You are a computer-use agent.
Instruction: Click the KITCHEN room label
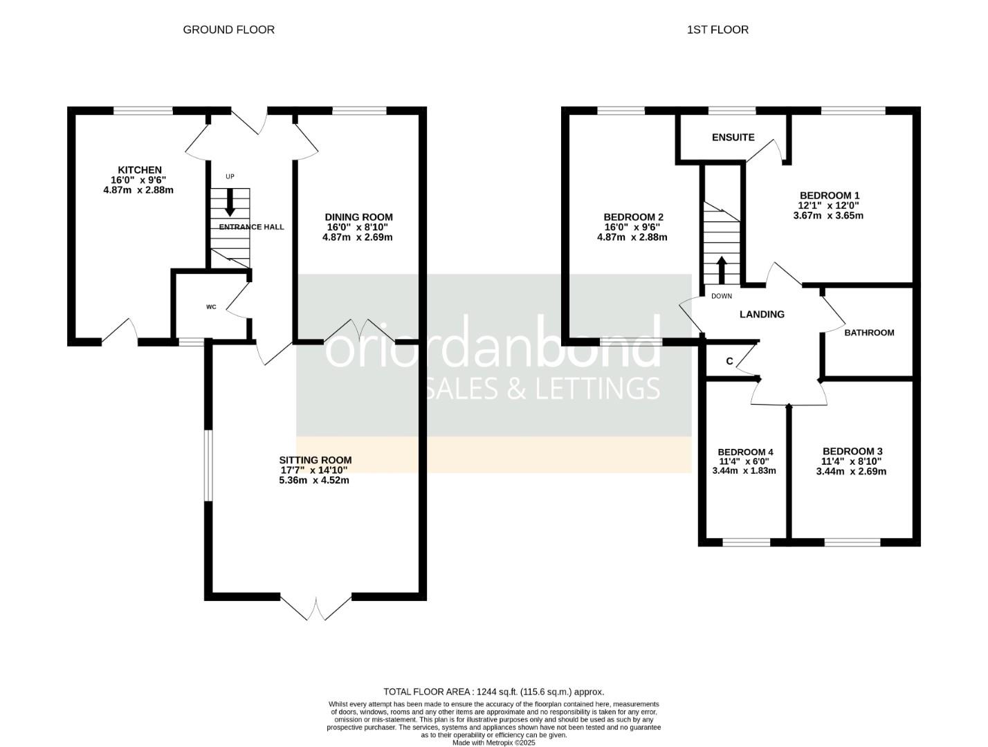click(140, 169)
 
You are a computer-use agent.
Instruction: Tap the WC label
click(211, 307)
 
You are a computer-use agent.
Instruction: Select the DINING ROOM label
click(359, 217)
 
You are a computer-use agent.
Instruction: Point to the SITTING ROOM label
click(315, 460)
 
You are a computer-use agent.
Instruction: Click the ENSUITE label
click(733, 137)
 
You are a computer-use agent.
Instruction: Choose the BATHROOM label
click(869, 333)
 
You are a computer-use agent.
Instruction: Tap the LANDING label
click(762, 314)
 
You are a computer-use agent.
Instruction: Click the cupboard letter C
click(730, 361)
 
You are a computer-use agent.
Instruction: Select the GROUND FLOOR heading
click(228, 30)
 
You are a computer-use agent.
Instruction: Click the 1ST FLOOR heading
click(717, 30)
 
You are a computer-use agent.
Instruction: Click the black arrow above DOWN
click(722, 270)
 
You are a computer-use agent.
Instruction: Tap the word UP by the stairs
click(230, 176)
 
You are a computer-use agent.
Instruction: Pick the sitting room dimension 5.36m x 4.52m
click(314, 480)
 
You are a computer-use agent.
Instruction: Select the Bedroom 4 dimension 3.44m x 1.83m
click(744, 471)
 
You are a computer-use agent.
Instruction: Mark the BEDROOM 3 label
click(852, 451)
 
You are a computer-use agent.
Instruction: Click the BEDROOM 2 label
click(633, 217)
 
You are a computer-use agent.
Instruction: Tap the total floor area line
click(494, 692)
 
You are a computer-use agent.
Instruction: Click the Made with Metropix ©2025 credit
click(494, 742)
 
